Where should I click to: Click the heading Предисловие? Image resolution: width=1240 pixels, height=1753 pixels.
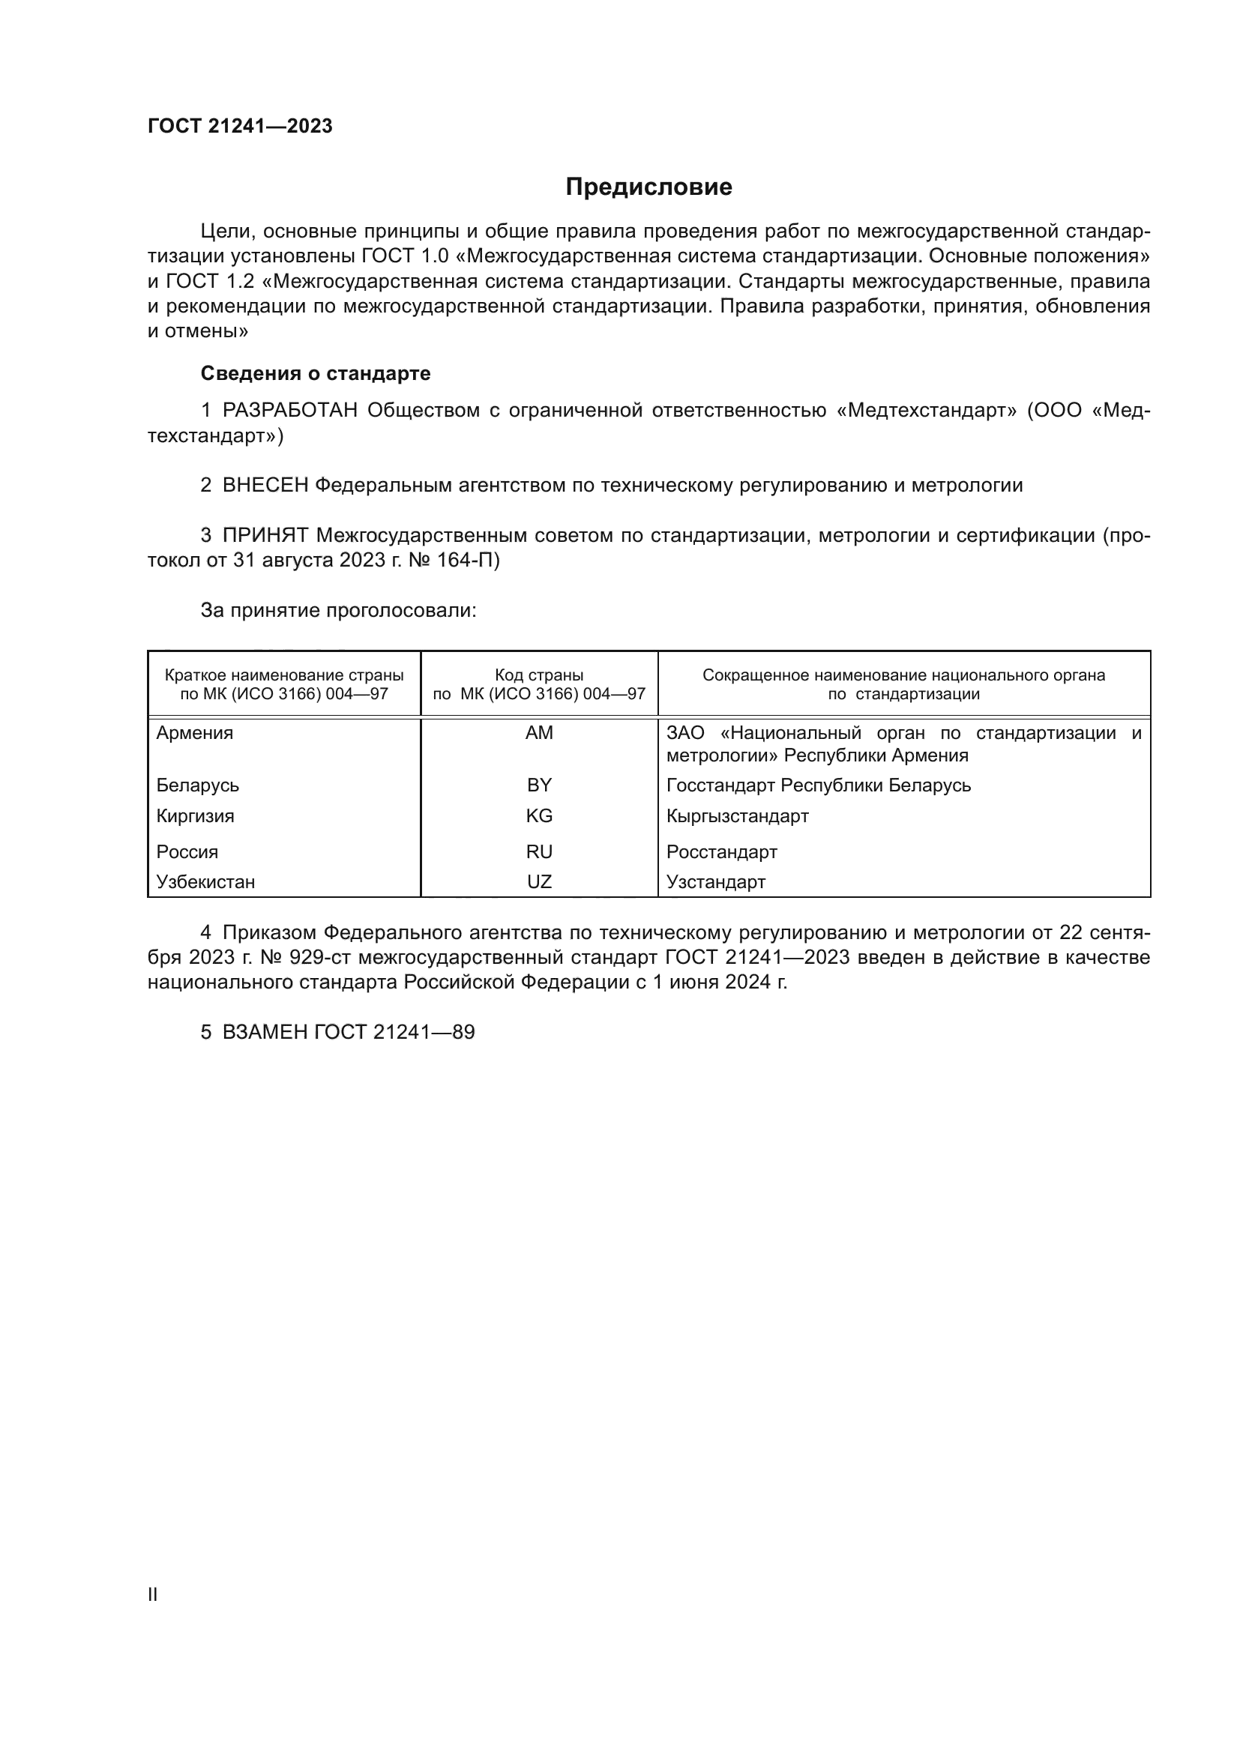(x=648, y=187)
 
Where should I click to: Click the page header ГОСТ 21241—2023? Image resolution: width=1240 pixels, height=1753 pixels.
(x=240, y=127)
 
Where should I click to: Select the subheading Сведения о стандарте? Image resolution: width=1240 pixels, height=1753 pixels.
(x=316, y=373)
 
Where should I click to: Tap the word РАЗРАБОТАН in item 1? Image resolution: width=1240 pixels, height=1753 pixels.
(x=290, y=411)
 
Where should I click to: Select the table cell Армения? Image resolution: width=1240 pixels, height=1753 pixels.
(x=195, y=733)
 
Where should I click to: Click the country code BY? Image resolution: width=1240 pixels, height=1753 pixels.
(x=539, y=785)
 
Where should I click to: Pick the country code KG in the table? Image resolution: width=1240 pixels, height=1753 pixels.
(x=539, y=816)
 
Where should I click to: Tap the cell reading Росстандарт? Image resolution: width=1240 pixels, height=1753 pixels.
(x=721, y=852)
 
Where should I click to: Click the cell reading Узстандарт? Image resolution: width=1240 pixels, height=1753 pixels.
(x=715, y=883)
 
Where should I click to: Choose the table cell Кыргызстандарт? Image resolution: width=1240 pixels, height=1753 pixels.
(x=737, y=816)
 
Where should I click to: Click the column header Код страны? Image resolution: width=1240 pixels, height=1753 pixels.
(x=539, y=675)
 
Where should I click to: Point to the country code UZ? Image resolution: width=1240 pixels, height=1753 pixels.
(x=539, y=883)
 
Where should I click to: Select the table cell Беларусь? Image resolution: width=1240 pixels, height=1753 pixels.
(x=198, y=785)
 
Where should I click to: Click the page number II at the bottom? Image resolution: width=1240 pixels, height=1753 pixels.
(x=153, y=1594)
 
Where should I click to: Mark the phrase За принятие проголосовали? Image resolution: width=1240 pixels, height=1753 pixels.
(x=338, y=611)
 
